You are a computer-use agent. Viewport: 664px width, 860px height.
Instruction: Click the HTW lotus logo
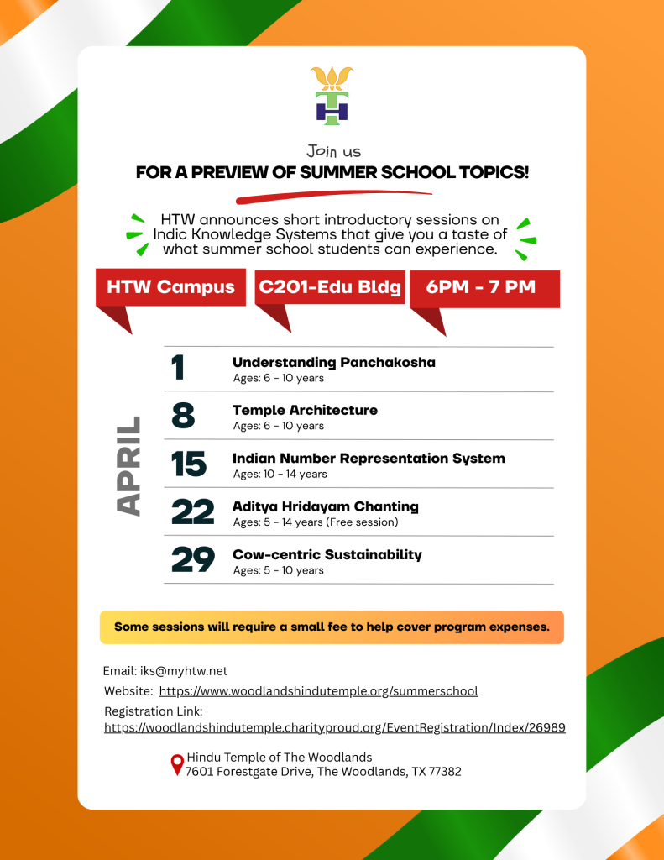332,96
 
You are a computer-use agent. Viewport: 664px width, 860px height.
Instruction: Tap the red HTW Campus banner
170,287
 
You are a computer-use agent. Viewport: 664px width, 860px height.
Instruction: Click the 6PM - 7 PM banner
481,287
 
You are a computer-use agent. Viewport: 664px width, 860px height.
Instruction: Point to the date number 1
178,369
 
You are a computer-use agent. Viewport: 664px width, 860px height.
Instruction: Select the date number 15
189,464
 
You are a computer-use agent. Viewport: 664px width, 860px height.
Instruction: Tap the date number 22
192,512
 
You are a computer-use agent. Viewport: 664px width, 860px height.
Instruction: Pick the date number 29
192,560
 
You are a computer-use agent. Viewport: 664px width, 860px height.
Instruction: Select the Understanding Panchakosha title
333,363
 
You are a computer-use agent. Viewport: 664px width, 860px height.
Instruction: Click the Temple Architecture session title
305,411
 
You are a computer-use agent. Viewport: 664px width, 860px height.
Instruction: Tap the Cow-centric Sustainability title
327,555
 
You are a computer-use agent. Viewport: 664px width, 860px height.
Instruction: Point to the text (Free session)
363,522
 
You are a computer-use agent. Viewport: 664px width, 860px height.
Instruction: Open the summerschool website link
318,691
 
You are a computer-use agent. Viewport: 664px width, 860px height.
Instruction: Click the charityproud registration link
334,728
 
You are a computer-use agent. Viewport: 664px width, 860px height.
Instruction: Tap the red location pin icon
176,764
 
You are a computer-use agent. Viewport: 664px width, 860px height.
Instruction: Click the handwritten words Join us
333,152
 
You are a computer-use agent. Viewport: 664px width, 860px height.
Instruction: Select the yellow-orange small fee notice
332,627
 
